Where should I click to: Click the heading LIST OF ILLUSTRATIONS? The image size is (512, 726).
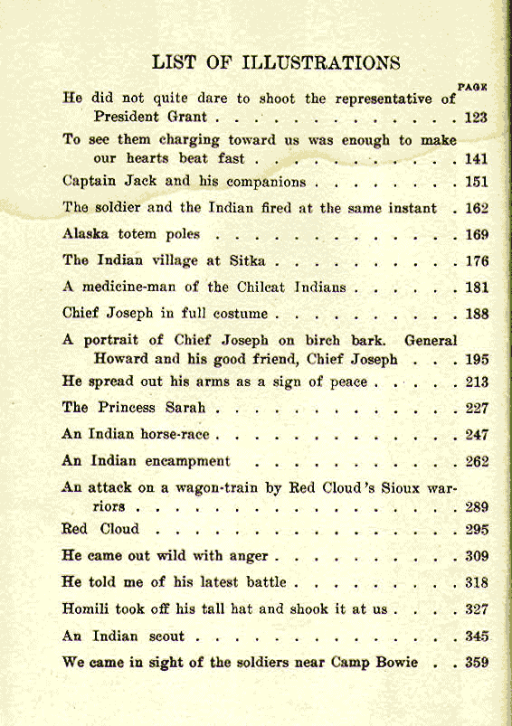(x=276, y=62)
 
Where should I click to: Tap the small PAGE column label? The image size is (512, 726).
(x=473, y=87)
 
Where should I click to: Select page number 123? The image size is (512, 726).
(x=476, y=118)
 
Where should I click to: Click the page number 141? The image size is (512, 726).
(x=476, y=159)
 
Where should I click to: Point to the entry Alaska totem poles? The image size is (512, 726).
(x=131, y=234)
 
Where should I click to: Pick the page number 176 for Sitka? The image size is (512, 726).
(x=476, y=262)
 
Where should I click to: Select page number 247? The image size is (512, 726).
(x=477, y=435)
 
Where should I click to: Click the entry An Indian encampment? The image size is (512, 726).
(x=146, y=461)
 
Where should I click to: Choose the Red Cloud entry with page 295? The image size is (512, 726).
(x=100, y=529)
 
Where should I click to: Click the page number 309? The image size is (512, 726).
(x=477, y=556)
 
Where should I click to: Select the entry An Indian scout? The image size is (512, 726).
(x=123, y=636)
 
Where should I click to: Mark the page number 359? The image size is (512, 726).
(x=477, y=663)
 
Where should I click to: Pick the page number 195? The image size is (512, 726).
(x=477, y=360)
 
